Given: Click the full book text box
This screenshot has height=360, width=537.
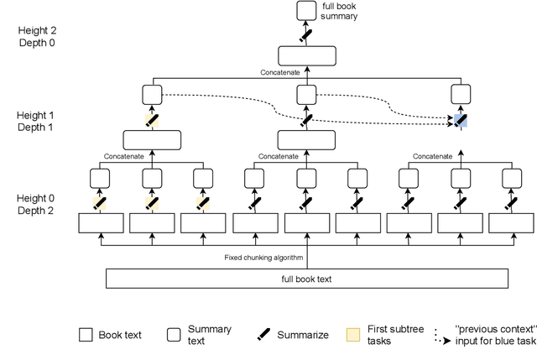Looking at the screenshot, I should click(307, 278).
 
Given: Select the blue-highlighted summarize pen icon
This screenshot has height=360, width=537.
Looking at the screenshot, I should click(461, 120).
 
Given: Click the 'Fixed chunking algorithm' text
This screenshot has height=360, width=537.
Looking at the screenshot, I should click(263, 258).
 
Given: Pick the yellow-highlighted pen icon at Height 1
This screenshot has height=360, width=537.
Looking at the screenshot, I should click(152, 120).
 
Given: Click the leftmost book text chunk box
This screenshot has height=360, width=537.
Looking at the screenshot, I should click(101, 223).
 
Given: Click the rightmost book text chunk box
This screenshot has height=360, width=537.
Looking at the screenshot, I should click(511, 223).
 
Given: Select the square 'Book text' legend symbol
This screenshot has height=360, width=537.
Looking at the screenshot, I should click(86, 335).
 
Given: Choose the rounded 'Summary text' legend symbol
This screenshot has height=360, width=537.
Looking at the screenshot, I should click(174, 335).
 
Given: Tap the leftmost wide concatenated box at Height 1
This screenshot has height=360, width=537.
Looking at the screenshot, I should click(152, 139).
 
